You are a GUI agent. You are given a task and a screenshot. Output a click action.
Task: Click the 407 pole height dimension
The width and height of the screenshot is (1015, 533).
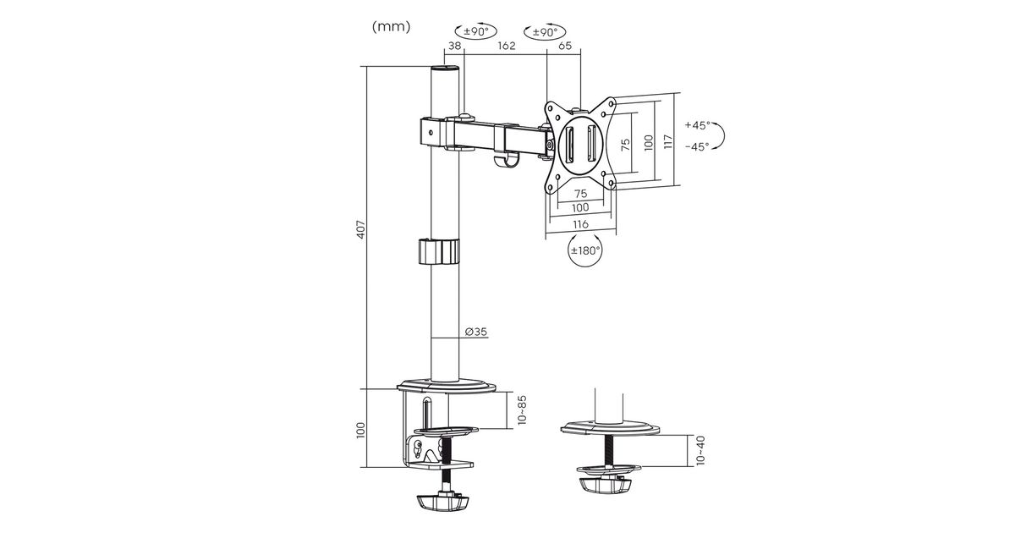pos(360,229)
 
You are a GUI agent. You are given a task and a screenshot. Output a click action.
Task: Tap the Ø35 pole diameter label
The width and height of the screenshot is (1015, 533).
pos(475,332)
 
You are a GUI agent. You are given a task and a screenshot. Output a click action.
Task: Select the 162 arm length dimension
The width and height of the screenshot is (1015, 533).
pos(506,46)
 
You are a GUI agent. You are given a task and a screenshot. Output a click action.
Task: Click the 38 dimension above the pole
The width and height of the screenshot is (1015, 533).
pos(454,46)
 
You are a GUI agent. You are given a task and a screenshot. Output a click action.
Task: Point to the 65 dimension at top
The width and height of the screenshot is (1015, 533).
pos(565,46)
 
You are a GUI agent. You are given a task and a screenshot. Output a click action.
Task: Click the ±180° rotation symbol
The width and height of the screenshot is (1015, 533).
pos(585,250)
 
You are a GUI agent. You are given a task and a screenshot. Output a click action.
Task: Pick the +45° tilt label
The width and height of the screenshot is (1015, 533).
pos(697,124)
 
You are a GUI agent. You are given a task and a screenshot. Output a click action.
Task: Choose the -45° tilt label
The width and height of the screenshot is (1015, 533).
pos(697,146)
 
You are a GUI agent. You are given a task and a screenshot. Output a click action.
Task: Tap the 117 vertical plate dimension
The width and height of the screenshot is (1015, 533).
pos(667,141)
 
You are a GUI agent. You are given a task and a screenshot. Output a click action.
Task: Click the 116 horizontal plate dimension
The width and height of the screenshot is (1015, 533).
pos(580,224)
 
